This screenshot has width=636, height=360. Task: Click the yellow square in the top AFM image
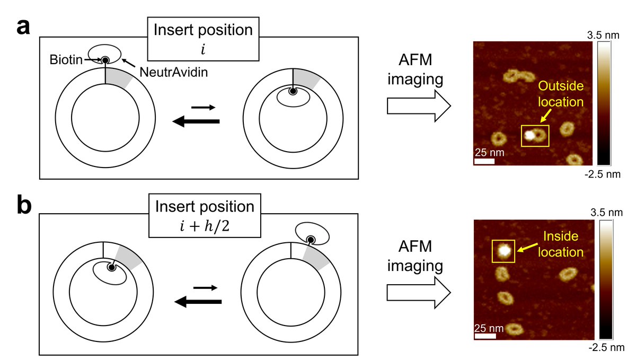(x=535, y=136)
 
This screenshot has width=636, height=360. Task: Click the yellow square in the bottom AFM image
(x=504, y=251)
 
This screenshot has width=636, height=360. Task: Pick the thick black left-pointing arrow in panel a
(x=196, y=122)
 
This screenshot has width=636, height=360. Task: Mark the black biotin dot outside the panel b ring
(x=311, y=240)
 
